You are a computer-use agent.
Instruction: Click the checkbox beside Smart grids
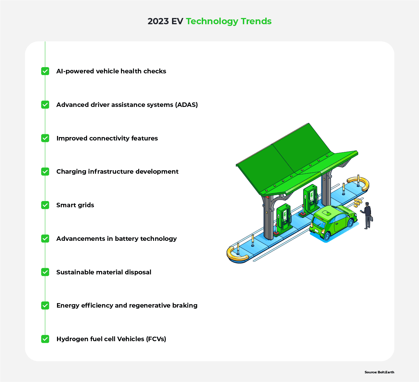coord(45,205)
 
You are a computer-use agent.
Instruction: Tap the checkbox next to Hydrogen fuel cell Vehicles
coord(45,339)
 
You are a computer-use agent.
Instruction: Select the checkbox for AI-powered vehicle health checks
coord(45,71)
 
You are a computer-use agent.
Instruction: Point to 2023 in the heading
coord(158,21)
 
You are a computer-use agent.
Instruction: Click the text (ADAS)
coord(187,105)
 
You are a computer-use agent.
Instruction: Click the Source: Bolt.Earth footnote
coord(379,372)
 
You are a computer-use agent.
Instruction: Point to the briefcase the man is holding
coord(371,218)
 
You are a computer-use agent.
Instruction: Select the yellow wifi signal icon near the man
coord(358,203)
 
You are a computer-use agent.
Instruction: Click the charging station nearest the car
coord(310,199)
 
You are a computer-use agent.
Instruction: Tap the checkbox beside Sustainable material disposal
coord(45,272)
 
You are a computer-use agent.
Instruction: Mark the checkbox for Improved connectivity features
coord(45,138)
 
